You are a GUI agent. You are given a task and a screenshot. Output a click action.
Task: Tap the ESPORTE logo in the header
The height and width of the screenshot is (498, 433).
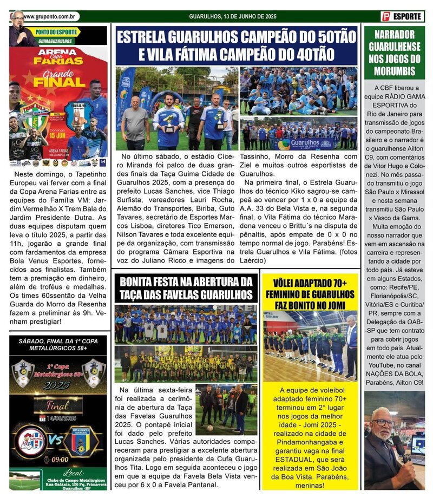(x=402, y=17)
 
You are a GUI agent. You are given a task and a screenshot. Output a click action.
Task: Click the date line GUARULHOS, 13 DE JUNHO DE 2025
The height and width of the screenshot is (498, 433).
(x=233, y=17)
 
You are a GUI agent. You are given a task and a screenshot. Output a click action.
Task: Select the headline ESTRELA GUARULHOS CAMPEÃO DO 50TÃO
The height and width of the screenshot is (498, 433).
(x=237, y=38)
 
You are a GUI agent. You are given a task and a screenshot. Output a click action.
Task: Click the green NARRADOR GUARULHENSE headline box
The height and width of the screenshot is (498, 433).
(x=393, y=53)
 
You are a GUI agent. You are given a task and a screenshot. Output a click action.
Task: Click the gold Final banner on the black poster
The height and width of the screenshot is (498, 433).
(x=58, y=405)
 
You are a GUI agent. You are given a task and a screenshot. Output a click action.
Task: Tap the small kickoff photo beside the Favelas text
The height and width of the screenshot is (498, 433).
(x=226, y=409)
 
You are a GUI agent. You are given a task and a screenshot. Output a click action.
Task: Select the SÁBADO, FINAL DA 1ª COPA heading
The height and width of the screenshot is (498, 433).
(x=58, y=345)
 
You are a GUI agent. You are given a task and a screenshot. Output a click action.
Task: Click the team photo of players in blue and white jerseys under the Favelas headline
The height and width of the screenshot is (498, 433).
(x=185, y=324)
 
